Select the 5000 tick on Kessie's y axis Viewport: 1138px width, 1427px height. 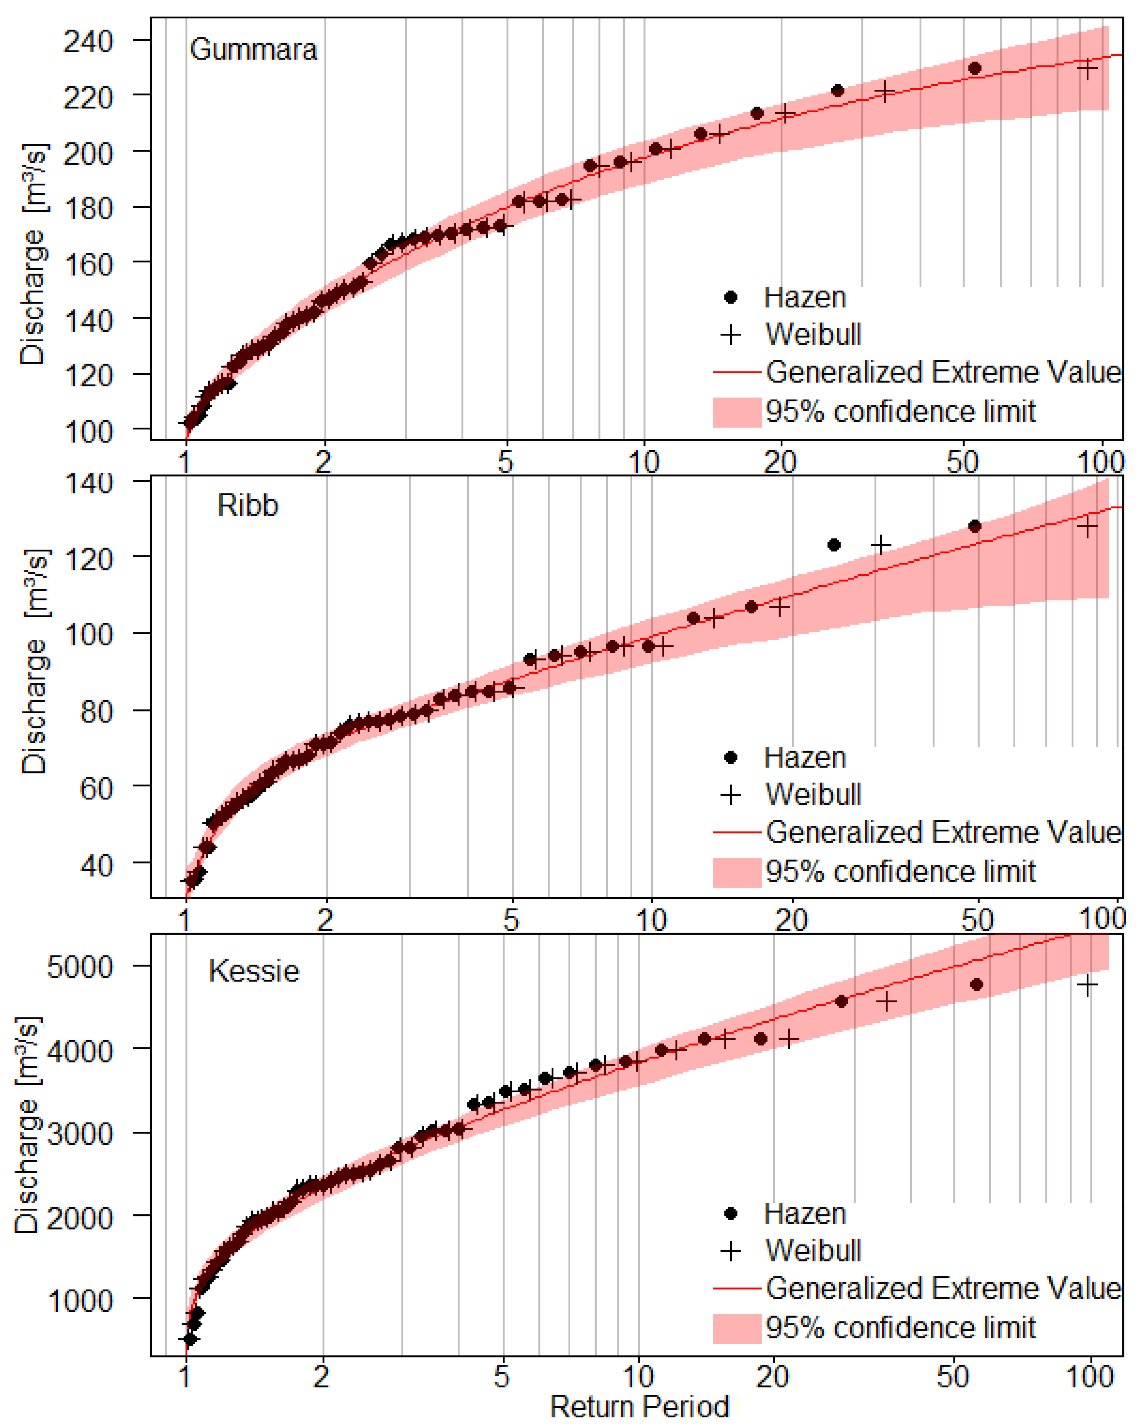(79, 967)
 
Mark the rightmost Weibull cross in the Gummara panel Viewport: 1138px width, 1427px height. (1086, 68)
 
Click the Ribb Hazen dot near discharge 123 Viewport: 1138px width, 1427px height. (834, 545)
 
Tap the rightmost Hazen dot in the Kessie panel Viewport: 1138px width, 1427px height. (976, 984)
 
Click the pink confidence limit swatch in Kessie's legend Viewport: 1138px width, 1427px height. (736, 1328)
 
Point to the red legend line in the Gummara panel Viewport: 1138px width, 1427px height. (736, 373)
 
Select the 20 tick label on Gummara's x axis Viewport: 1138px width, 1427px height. (780, 461)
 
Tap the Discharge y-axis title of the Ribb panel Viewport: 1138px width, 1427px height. (33, 662)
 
